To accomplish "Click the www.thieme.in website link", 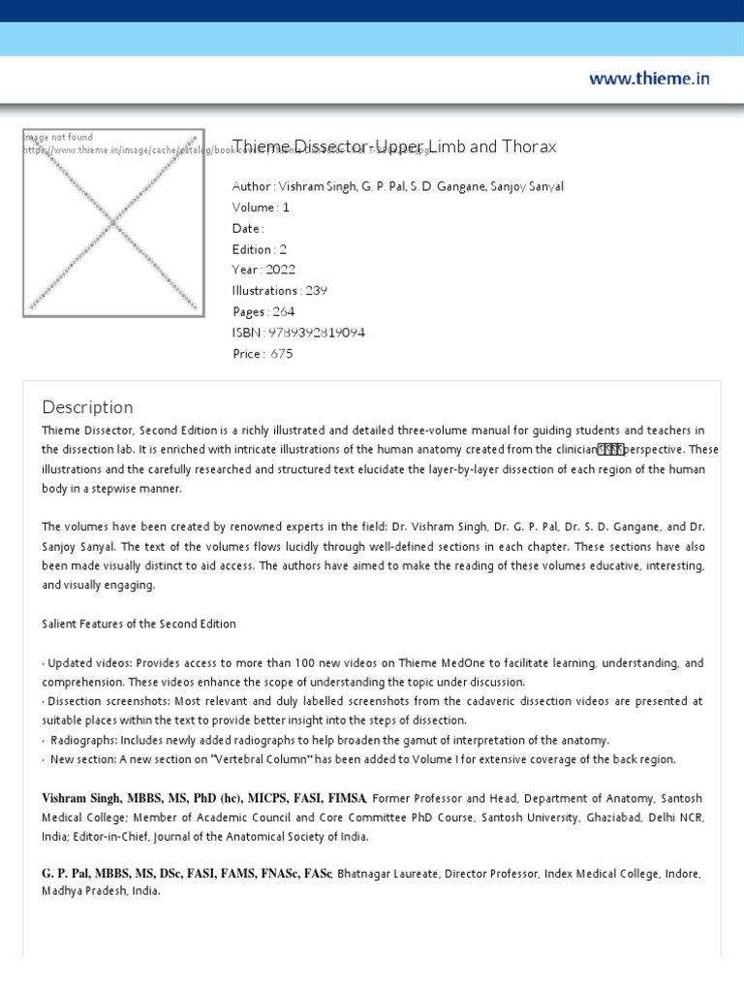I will pyautogui.click(x=649, y=79).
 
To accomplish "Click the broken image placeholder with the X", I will pyautogui.click(x=113, y=222).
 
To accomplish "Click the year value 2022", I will pyautogui.click(x=277, y=270).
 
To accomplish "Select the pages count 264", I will pyautogui.click(x=283, y=312).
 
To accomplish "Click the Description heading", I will pyautogui.click(x=88, y=407).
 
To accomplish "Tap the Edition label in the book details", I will pyautogui.click(x=251, y=249).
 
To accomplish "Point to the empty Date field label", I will pyautogui.click(x=246, y=229).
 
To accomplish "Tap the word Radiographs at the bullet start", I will pyautogui.click(x=83, y=739).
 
